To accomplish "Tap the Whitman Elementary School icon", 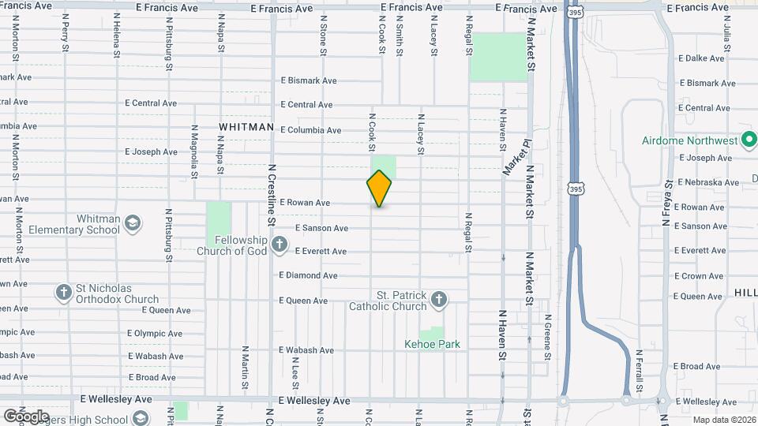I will coord(133,221).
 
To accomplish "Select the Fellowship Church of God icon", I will coord(279,245).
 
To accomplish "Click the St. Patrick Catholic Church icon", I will coord(439,300).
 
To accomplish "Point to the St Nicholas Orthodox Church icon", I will coord(64,293).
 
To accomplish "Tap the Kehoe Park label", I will coord(432,344).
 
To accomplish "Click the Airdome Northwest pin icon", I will coord(749,140).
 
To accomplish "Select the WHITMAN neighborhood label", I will coord(246,127).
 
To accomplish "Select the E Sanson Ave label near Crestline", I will coord(321,228).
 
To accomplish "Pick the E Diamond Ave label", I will coord(308,275).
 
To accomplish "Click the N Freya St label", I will coord(666,204).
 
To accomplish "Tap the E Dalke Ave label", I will coord(701,58).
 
